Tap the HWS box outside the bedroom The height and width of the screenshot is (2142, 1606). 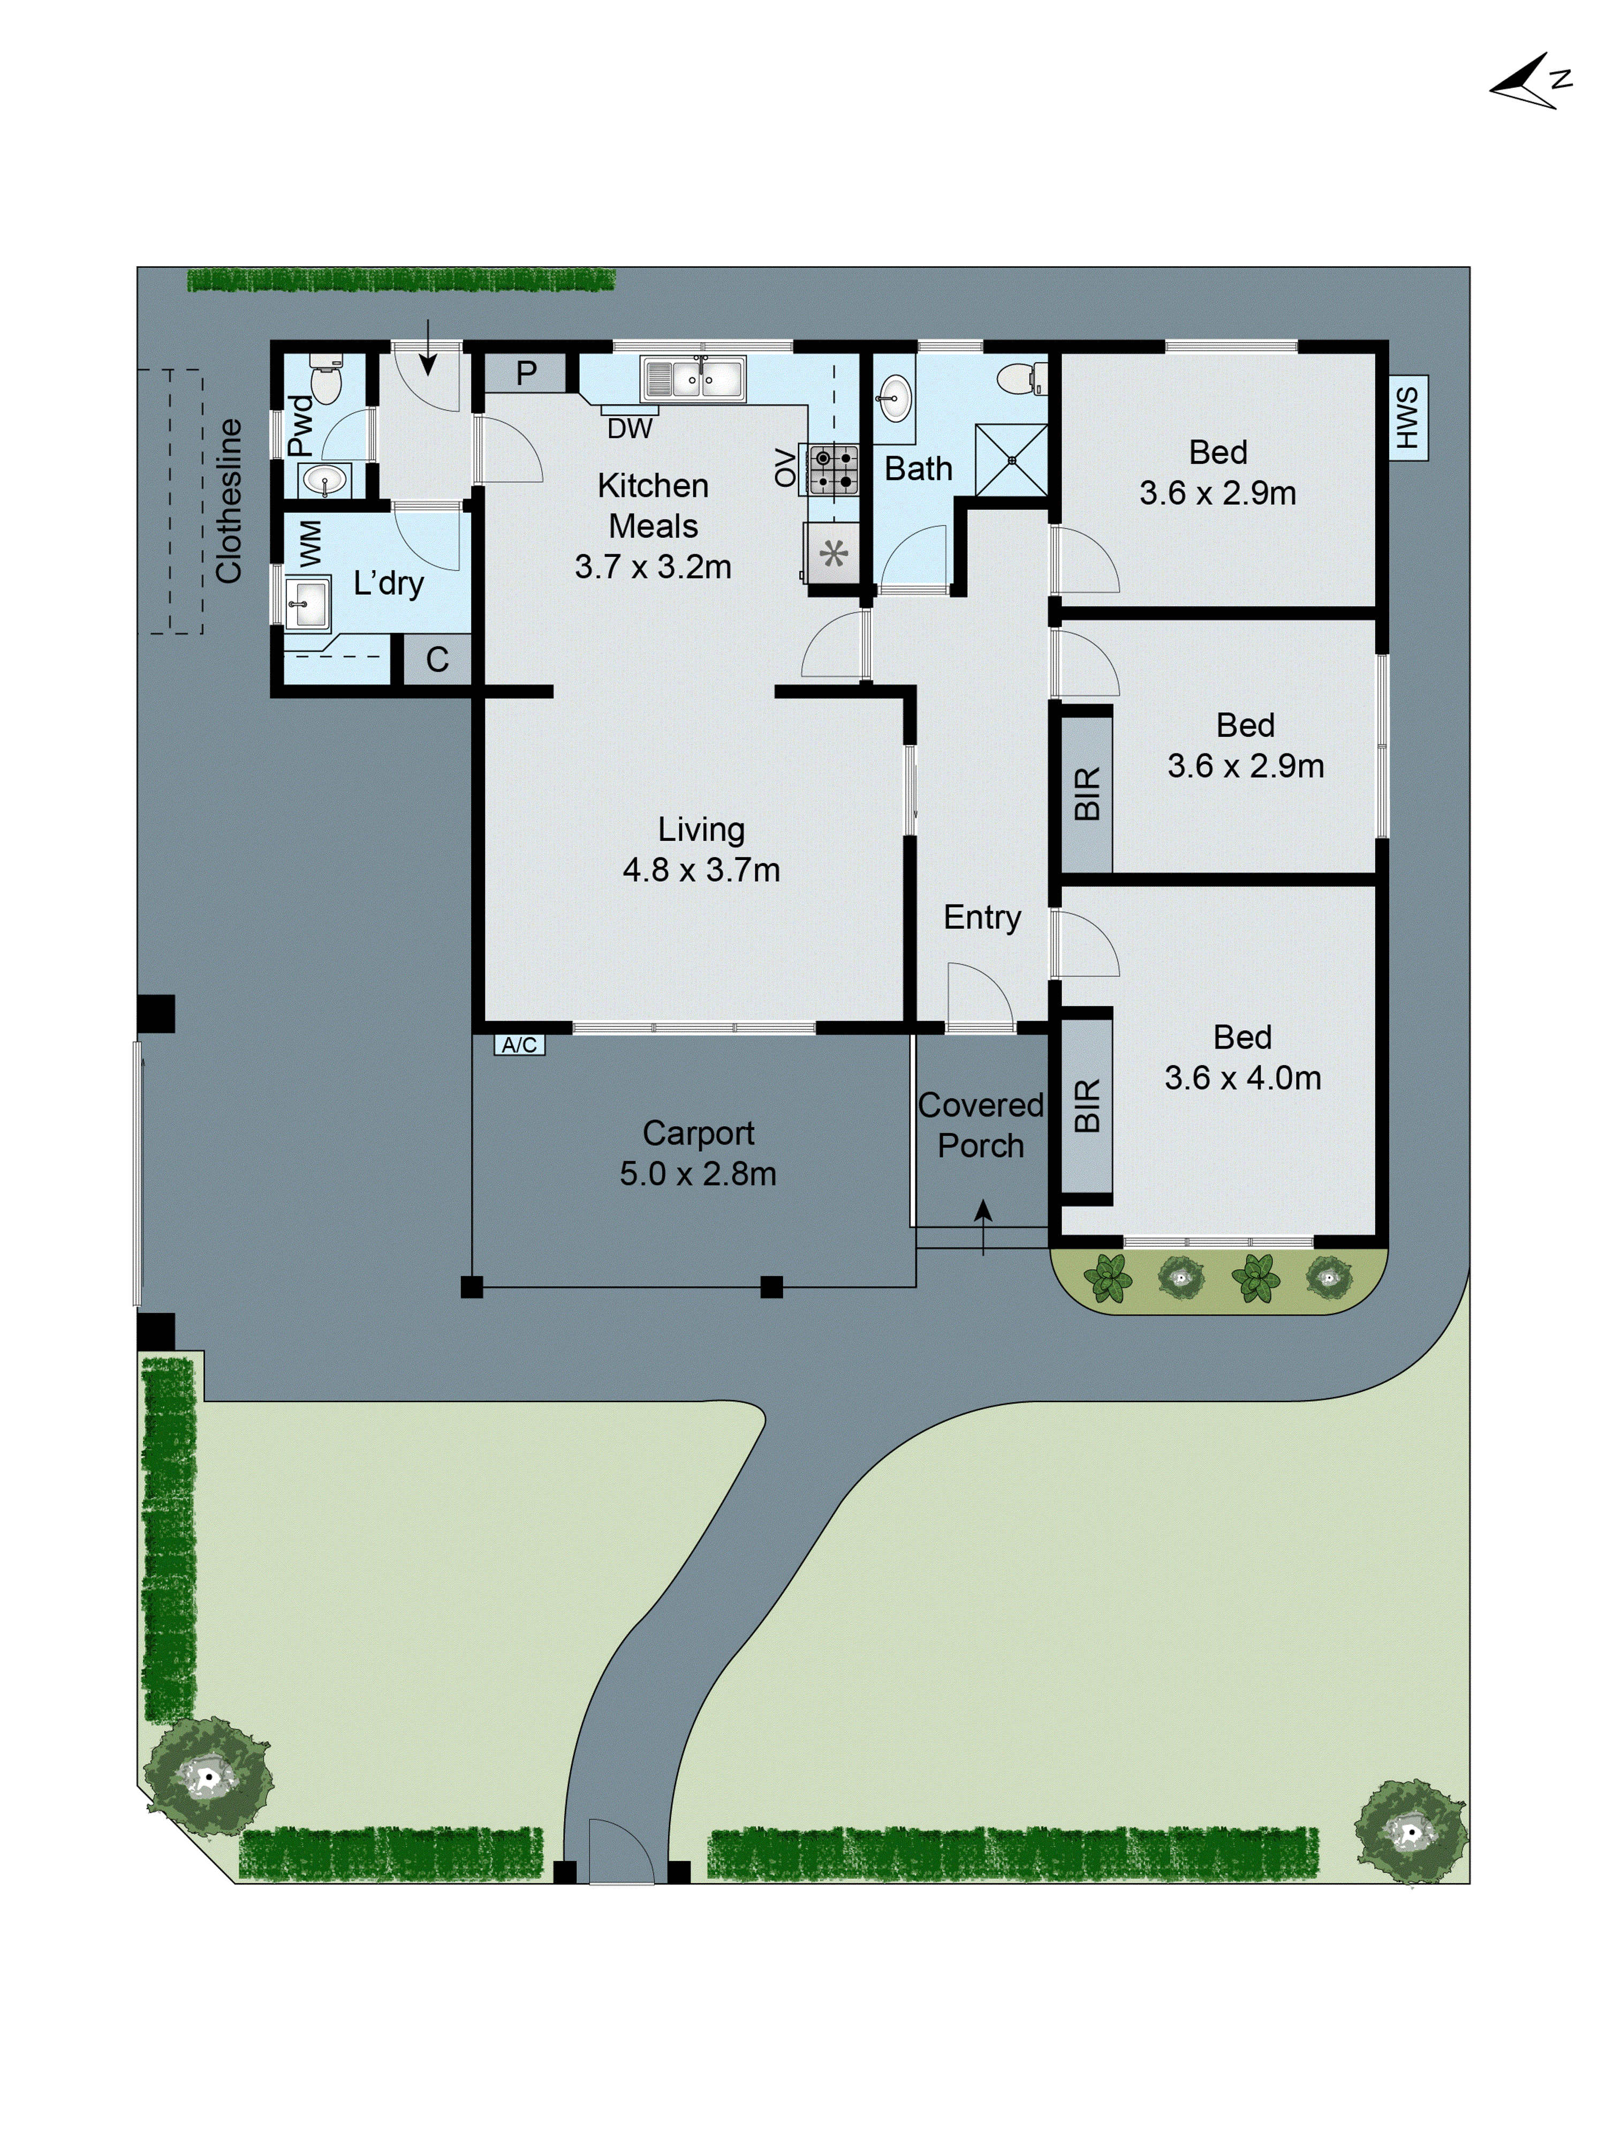1407,417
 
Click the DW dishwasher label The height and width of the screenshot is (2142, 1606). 629,428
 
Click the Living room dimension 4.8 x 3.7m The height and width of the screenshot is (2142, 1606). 701,870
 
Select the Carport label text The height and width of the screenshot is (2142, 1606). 698,1133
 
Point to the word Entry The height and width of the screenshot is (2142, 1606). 982,917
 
